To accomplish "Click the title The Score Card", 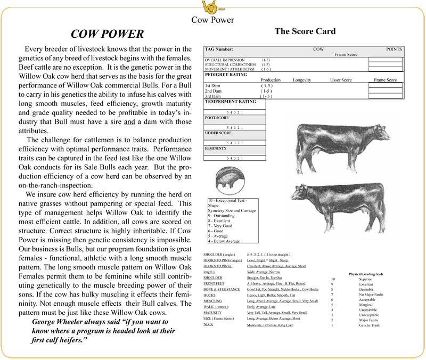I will pyautogui.click(x=305, y=31).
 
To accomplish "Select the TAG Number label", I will pyautogui.click(x=220, y=49).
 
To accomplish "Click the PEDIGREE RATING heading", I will pyautogui.click(x=226, y=74).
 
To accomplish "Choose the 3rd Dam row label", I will pyautogui.click(x=213, y=96).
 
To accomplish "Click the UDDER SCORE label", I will pyautogui.click(x=218, y=133).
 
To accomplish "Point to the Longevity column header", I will pyautogui.click(x=302, y=80).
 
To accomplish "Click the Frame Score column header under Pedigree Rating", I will pyautogui.click(x=386, y=80).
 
